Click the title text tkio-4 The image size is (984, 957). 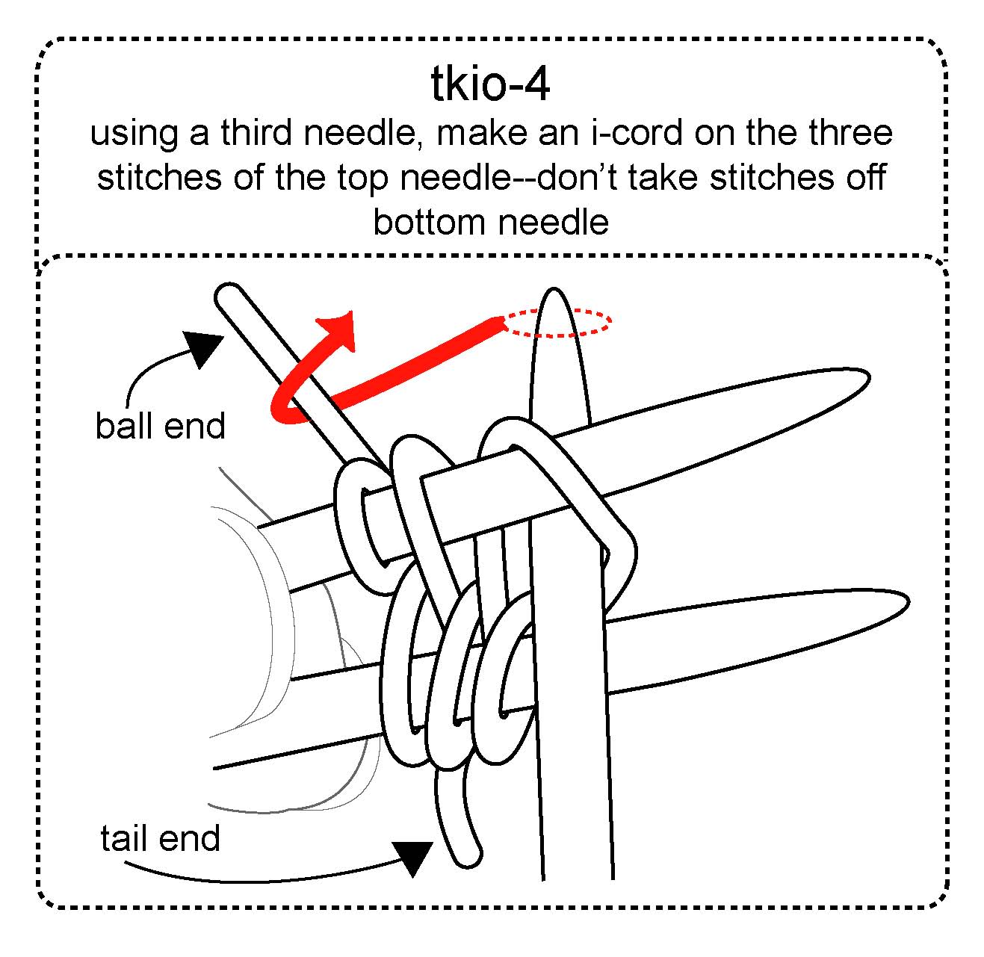[x=490, y=84]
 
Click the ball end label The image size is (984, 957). [x=160, y=426]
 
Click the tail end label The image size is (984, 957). [x=160, y=838]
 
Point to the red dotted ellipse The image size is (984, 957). [x=557, y=323]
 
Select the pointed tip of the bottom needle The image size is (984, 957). [x=906, y=602]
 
